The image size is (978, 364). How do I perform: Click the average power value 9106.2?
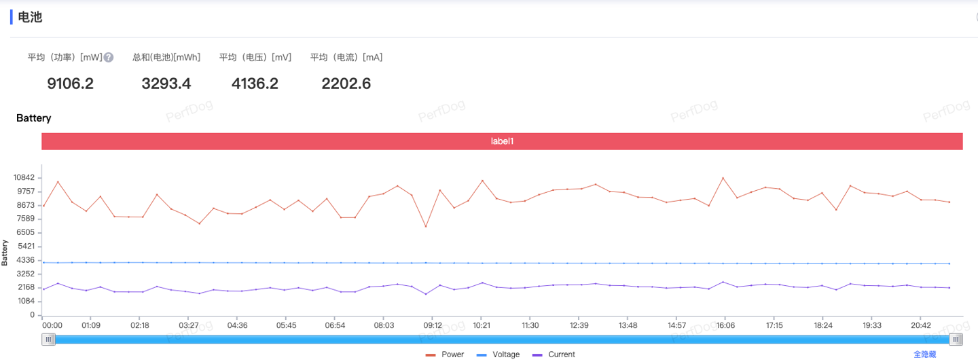click(70, 84)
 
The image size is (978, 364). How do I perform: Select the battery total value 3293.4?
click(166, 84)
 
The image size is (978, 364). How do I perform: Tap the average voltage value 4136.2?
click(255, 84)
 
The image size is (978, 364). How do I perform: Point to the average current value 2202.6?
click(346, 84)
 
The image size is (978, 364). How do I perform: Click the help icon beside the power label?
click(109, 58)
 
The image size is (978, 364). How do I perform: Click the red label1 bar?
click(502, 141)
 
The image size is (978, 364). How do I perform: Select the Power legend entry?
click(446, 354)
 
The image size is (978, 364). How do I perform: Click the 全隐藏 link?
click(924, 354)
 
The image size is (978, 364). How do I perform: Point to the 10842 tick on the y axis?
click(23, 178)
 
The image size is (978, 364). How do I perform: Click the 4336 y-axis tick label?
click(26, 260)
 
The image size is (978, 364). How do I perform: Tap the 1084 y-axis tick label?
click(26, 302)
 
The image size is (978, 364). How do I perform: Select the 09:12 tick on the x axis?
click(433, 326)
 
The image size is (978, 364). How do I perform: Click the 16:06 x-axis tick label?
click(725, 326)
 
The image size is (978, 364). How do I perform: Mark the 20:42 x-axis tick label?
click(920, 326)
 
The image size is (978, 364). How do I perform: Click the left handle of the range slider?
click(48, 340)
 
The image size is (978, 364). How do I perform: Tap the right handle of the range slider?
click(956, 340)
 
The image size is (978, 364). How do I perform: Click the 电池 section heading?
click(30, 17)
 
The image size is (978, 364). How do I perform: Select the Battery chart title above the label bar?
click(33, 118)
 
